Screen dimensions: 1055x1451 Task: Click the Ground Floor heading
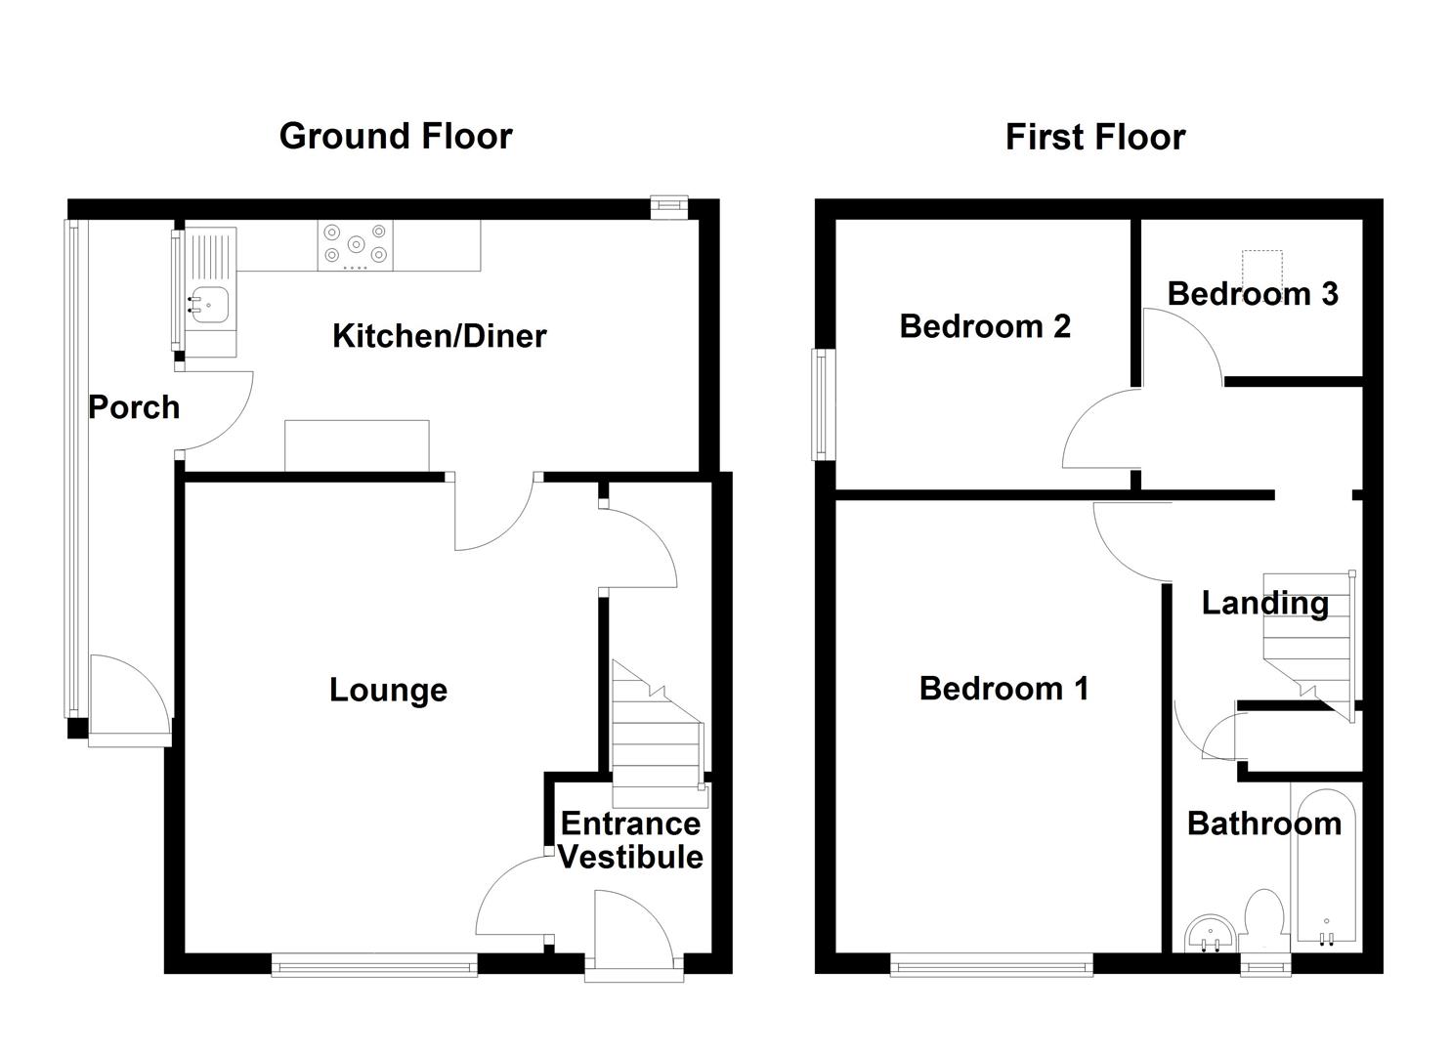pyautogui.click(x=395, y=136)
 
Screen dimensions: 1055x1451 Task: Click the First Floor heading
pyautogui.click(x=1094, y=137)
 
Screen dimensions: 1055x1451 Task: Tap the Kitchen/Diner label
pyautogui.click(x=439, y=336)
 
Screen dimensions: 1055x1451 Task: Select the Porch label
pyautogui.click(x=134, y=406)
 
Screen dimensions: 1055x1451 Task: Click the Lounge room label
pyautogui.click(x=388, y=690)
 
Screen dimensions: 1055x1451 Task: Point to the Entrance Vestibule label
pyautogui.click(x=630, y=840)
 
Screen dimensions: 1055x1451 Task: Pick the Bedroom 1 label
pyautogui.click(x=1003, y=689)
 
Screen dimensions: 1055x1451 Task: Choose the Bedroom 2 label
pyautogui.click(x=985, y=325)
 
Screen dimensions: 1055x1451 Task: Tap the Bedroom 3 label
pyautogui.click(x=1252, y=293)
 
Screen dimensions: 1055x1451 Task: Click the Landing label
pyautogui.click(x=1264, y=603)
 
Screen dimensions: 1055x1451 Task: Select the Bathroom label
pyautogui.click(x=1263, y=823)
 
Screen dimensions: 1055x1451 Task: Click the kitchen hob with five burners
pyautogui.click(x=356, y=245)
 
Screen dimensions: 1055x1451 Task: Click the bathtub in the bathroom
pyautogui.click(x=1326, y=865)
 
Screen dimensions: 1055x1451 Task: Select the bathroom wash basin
pyautogui.click(x=1211, y=934)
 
